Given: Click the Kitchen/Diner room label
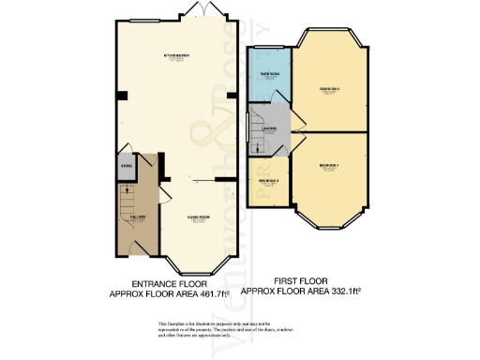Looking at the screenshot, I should [x=177, y=56].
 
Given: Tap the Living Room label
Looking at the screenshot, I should [x=197, y=216].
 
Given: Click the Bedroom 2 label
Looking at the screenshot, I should [x=329, y=89].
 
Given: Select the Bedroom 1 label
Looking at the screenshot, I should [x=329, y=165].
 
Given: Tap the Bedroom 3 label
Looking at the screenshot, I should [x=267, y=179].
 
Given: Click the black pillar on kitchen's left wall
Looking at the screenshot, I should [x=119, y=97].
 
